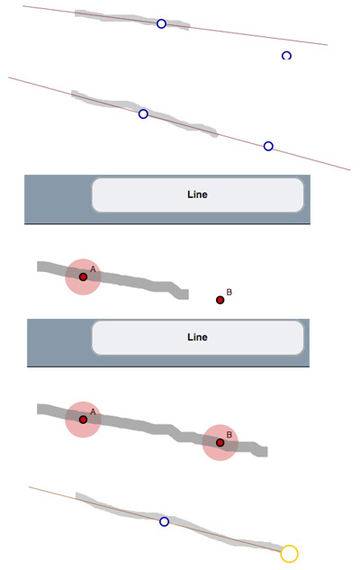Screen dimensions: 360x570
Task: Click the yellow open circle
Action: coord(289,553)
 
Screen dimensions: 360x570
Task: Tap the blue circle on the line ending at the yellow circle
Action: coord(164,521)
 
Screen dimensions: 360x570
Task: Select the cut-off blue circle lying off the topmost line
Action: coord(286,55)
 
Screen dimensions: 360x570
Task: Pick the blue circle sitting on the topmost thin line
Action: coord(161,24)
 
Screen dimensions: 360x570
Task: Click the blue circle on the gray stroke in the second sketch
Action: coord(143,114)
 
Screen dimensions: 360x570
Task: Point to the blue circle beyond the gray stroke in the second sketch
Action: coord(268,146)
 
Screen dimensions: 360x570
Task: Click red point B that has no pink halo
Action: coord(220,300)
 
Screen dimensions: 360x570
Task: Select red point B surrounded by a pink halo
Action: coord(220,443)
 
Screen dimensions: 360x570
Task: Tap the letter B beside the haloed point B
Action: coord(229,435)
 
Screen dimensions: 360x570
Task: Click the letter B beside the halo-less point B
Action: coord(229,292)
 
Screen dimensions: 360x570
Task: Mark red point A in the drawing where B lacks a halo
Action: coord(83,277)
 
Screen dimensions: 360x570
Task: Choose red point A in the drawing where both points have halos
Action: coord(83,420)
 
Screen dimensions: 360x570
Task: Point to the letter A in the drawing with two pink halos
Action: coord(93,412)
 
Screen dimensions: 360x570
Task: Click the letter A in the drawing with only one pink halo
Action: coord(93,269)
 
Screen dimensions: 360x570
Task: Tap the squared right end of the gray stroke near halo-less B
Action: coord(188,294)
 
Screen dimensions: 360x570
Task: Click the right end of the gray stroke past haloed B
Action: coord(267,452)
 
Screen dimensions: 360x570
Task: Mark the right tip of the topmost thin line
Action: coord(328,45)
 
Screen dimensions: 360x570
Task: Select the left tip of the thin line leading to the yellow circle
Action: coord(29,487)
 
